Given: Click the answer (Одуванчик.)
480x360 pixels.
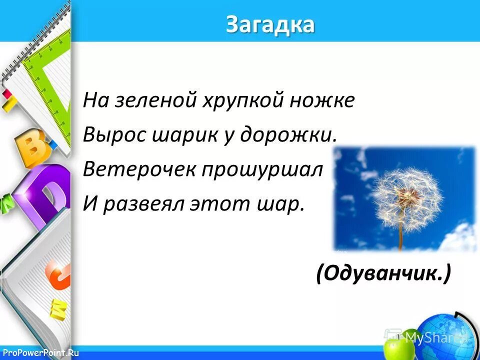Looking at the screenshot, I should [383, 273].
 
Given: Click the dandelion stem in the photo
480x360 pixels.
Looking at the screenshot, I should [400, 237].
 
